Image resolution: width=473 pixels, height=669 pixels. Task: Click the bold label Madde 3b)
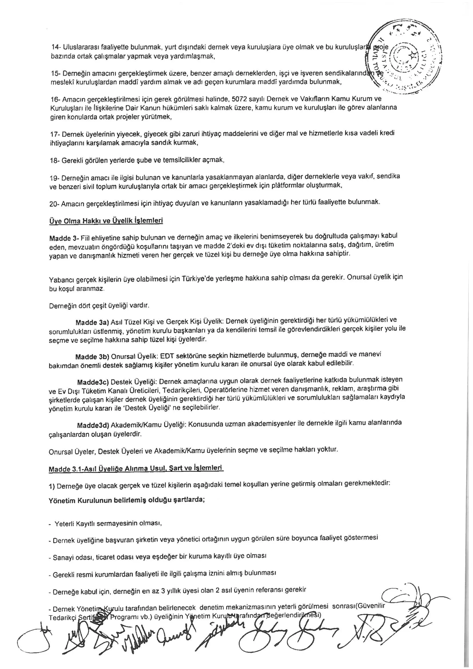tap(92, 357)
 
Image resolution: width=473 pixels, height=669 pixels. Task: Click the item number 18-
tap(55, 160)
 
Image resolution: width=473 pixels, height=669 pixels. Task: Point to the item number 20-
tap(55, 204)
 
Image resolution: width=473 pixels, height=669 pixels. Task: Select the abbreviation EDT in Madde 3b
tap(167, 356)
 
